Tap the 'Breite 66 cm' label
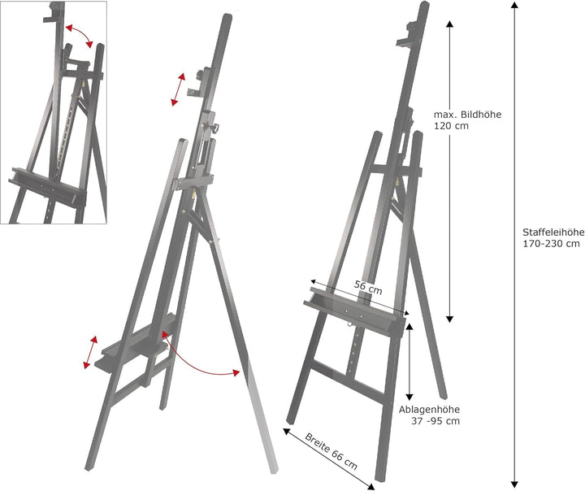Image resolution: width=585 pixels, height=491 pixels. (x=331, y=452)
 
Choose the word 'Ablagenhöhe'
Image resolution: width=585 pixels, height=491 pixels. (x=430, y=409)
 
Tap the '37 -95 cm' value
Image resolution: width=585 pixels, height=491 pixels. (x=435, y=420)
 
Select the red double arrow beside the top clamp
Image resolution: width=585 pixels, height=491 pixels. (x=177, y=89)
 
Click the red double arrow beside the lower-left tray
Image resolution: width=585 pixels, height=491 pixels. (x=90, y=351)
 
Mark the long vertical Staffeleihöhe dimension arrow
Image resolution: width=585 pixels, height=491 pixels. (x=514, y=244)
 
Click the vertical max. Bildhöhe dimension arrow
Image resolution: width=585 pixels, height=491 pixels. (x=449, y=171)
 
